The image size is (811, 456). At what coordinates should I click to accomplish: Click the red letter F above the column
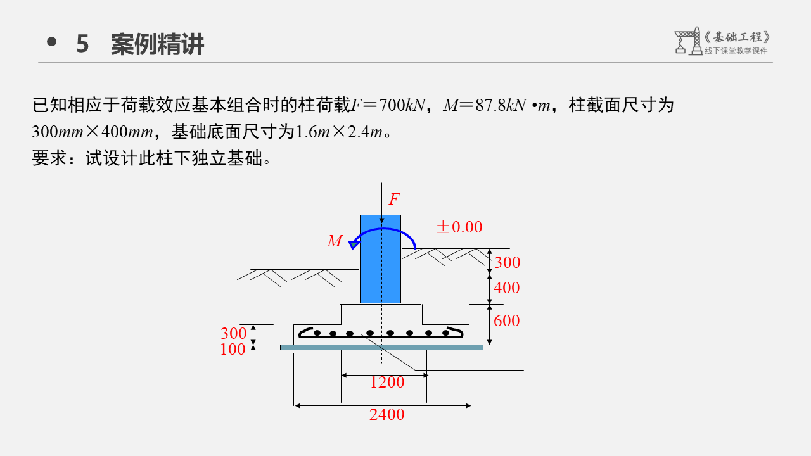tap(394, 199)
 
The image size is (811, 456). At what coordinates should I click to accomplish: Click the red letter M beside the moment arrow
tap(335, 241)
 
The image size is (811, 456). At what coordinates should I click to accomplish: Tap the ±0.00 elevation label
tap(459, 227)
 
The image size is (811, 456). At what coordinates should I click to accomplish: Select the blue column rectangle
tap(380, 272)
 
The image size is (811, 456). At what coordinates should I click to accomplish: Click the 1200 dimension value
tap(386, 382)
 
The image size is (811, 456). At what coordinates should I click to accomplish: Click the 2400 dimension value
tap(386, 415)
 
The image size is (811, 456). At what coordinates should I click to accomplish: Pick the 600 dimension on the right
tap(506, 321)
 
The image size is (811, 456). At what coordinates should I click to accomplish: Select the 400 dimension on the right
tap(506, 288)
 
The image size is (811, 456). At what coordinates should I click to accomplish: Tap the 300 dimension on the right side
tap(507, 263)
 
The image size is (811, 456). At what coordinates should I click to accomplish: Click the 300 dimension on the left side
tap(233, 334)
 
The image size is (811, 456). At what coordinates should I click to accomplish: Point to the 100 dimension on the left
tap(233, 349)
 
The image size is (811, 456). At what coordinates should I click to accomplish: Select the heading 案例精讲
tap(157, 44)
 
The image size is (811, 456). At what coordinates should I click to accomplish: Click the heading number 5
tap(82, 44)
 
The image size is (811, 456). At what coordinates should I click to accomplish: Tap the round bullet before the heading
tap(52, 42)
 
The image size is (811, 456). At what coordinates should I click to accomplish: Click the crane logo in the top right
tap(687, 41)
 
